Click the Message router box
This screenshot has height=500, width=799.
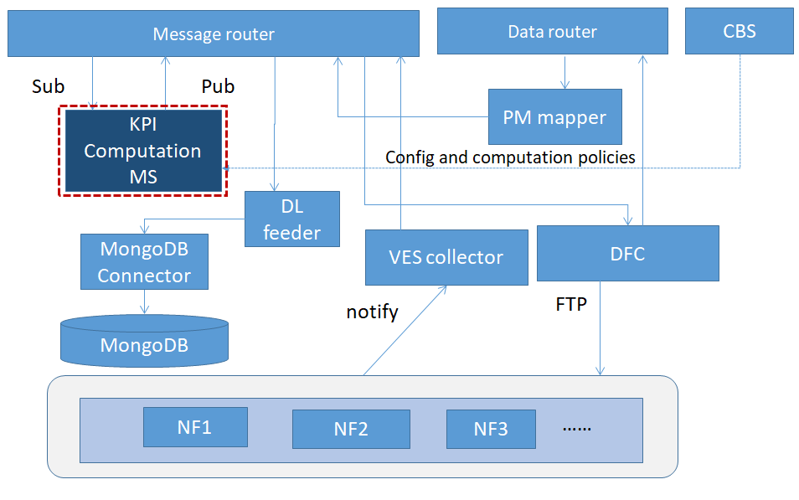coord(214,34)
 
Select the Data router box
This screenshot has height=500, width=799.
coord(553,31)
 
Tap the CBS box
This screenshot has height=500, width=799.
coord(739,31)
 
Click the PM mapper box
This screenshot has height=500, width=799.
coord(555,116)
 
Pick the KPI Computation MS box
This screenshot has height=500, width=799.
coord(143,151)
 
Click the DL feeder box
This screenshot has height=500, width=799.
coord(292,219)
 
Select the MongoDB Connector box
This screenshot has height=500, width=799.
coord(144,261)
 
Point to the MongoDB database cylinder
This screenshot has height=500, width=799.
coord(144,341)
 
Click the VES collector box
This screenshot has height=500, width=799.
coord(446,257)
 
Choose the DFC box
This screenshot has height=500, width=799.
coord(628,253)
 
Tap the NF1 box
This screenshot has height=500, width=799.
coord(195,427)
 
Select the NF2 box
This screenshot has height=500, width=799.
coord(351,429)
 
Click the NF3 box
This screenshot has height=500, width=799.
coord(491,429)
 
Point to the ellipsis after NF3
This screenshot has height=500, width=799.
coord(577,429)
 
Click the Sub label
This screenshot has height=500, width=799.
coord(49,86)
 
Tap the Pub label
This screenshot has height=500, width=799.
coord(218,86)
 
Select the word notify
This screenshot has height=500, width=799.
coord(373,312)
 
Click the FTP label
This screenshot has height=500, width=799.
coord(571,304)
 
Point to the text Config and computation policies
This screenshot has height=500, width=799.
coord(510,157)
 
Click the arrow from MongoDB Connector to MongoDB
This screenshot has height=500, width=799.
coord(144,302)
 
